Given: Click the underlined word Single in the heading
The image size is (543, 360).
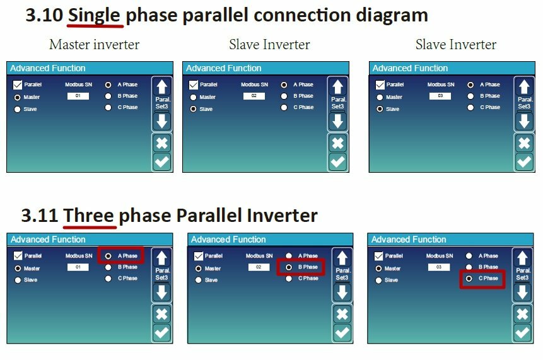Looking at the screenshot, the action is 94,16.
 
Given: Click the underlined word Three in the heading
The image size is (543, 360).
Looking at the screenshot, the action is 89,216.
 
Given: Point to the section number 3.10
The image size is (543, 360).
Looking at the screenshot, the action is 44,15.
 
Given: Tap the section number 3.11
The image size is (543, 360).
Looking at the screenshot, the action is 39,216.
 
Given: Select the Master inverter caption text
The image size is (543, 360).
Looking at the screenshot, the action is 94,44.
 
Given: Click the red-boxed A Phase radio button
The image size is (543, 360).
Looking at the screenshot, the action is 108,256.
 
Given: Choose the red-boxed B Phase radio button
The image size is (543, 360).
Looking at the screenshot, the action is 289,267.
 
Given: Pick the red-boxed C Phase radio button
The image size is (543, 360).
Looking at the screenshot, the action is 469,278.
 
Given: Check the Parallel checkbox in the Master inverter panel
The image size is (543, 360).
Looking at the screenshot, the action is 17,85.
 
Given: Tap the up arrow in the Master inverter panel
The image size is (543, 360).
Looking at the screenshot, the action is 161,87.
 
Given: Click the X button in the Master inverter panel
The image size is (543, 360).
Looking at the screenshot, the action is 161,143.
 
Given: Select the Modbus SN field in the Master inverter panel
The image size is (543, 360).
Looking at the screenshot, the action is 78,96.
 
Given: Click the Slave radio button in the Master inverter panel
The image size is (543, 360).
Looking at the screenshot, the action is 17,109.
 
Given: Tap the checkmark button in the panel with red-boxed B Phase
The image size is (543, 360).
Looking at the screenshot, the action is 342,333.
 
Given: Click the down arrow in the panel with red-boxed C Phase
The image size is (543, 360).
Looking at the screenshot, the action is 522,293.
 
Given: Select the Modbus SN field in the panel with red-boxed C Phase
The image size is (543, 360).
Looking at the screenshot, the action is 439,267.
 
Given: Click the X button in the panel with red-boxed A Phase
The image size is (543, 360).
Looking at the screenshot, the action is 161,314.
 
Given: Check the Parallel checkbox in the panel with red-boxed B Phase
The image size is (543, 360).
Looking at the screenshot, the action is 199,256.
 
